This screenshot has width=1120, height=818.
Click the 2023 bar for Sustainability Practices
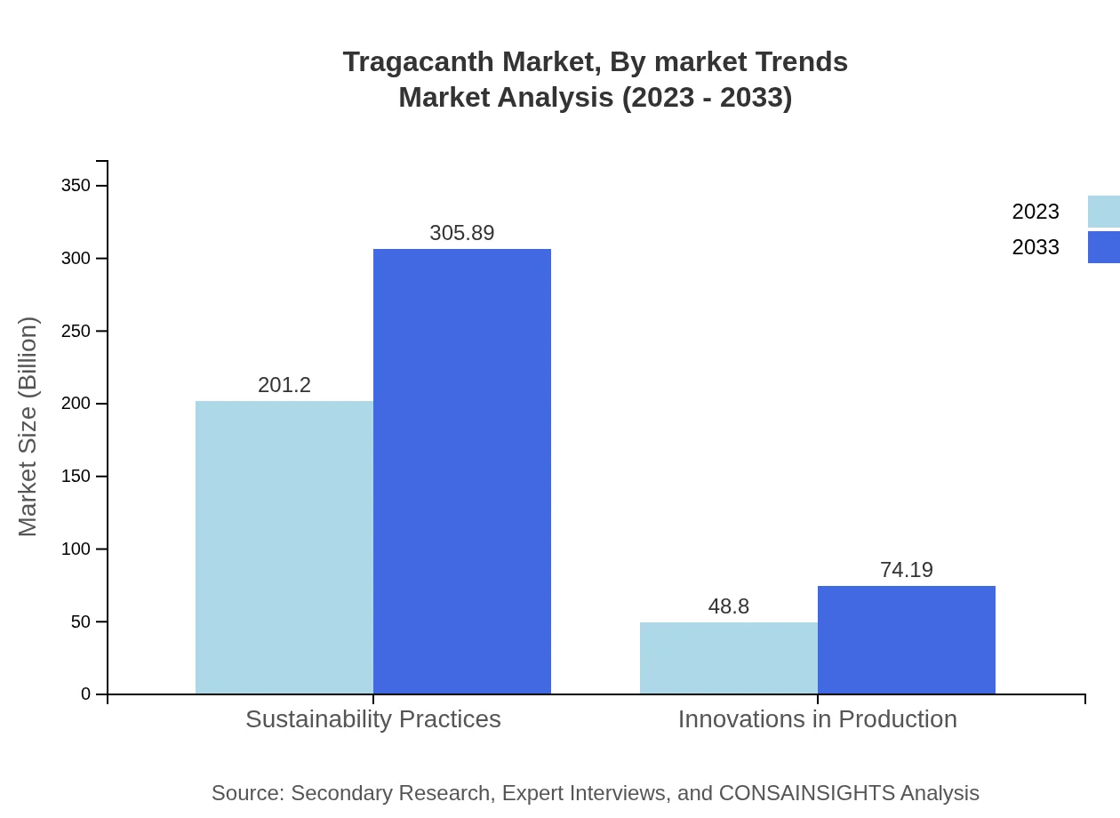coord(284,547)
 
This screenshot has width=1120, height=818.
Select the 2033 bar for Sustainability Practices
coord(462,471)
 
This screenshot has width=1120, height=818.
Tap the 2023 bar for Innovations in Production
coord(729,658)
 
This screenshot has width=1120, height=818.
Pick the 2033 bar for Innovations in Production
coord(907,640)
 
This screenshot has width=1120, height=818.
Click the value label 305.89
coord(462,233)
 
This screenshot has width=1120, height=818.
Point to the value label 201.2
coord(284,385)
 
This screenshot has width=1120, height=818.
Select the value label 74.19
coord(907,570)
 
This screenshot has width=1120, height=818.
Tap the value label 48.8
coord(729,606)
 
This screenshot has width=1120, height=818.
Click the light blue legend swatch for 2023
coord(1104,212)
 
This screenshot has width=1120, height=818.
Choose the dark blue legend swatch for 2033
coord(1104,247)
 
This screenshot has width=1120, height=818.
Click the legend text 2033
coord(1036,247)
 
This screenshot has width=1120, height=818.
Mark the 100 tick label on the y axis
coord(76,549)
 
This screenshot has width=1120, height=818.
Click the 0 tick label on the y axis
coord(86,694)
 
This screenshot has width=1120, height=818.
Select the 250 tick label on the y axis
coord(76,332)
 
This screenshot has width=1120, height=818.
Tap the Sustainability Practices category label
coord(373,718)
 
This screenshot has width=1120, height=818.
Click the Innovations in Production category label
coord(818,718)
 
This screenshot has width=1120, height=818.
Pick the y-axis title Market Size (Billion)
coord(28,427)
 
